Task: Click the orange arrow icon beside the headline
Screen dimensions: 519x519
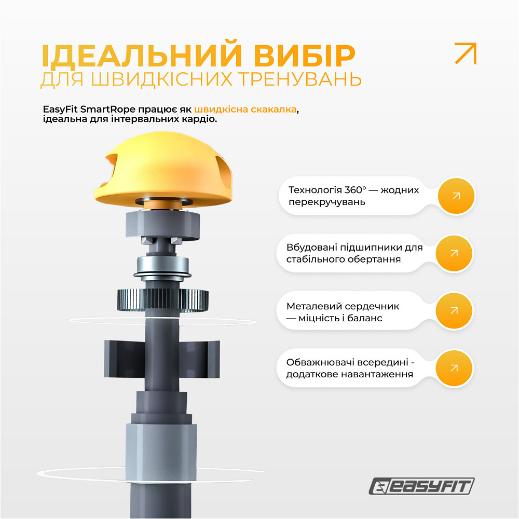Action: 465,53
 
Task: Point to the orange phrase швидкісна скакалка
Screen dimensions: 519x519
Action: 247,110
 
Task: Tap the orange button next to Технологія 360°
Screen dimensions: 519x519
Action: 456,196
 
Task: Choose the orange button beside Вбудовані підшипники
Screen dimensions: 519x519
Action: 454,253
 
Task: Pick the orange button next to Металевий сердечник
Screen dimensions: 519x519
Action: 454,311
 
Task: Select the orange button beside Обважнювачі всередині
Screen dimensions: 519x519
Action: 454,368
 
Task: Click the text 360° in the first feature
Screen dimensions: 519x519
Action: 361,190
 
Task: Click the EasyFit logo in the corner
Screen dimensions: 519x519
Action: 421,487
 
